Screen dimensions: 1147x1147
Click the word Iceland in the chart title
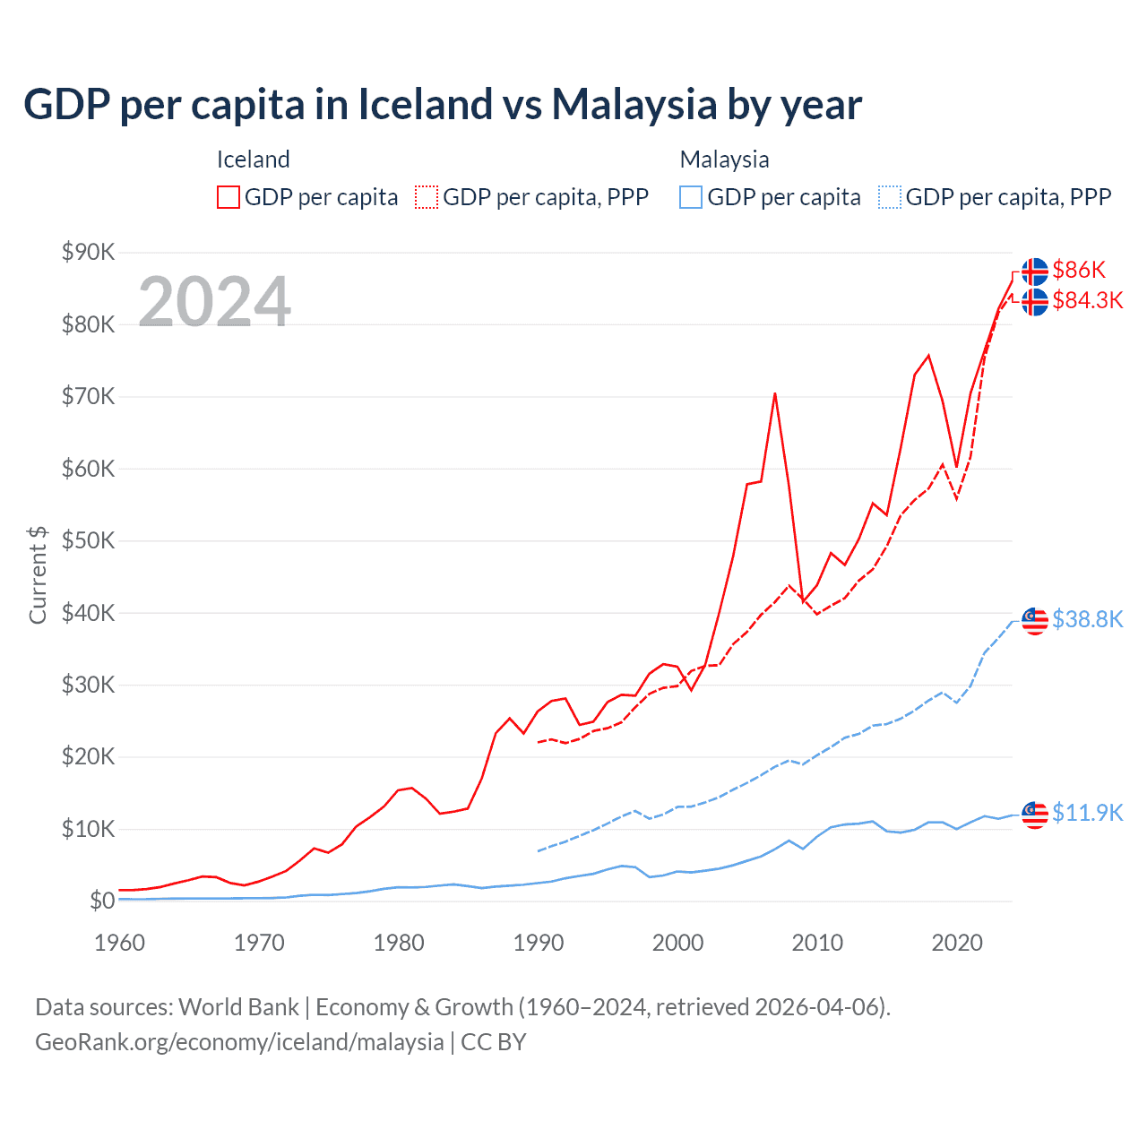click(x=425, y=104)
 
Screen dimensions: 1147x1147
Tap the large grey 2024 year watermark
click(x=214, y=301)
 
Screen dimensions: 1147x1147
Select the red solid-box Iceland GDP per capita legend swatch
click(x=229, y=197)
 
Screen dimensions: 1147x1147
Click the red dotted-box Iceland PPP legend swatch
click(x=427, y=197)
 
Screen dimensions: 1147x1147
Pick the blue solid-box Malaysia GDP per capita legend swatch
click(x=691, y=197)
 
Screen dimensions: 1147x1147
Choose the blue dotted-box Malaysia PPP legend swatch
click(x=890, y=197)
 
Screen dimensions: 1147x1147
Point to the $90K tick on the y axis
click(x=88, y=252)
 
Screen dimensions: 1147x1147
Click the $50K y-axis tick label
click(x=88, y=540)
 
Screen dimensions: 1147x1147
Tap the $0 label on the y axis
click(x=101, y=901)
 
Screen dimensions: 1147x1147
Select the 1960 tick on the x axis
click(x=119, y=943)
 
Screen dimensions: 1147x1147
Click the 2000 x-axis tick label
click(x=677, y=943)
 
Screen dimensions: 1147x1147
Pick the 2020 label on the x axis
click(x=957, y=943)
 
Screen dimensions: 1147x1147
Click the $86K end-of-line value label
click(x=1079, y=270)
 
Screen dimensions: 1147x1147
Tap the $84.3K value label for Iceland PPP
click(x=1087, y=300)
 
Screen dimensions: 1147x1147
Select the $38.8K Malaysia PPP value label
click(x=1087, y=619)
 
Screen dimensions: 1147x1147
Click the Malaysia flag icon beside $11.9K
click(x=1035, y=814)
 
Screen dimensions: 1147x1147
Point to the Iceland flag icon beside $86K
click(x=1035, y=271)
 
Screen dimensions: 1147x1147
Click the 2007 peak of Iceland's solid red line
click(x=774, y=393)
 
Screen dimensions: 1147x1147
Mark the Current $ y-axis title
click(x=38, y=574)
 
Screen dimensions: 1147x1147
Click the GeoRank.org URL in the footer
click(x=239, y=1042)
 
